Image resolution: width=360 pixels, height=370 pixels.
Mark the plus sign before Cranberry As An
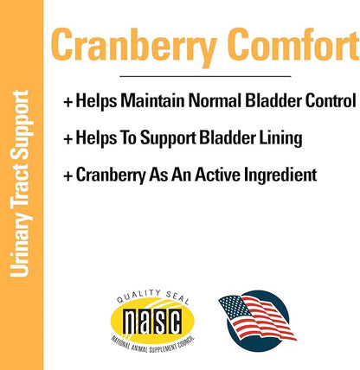tap(68, 175)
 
